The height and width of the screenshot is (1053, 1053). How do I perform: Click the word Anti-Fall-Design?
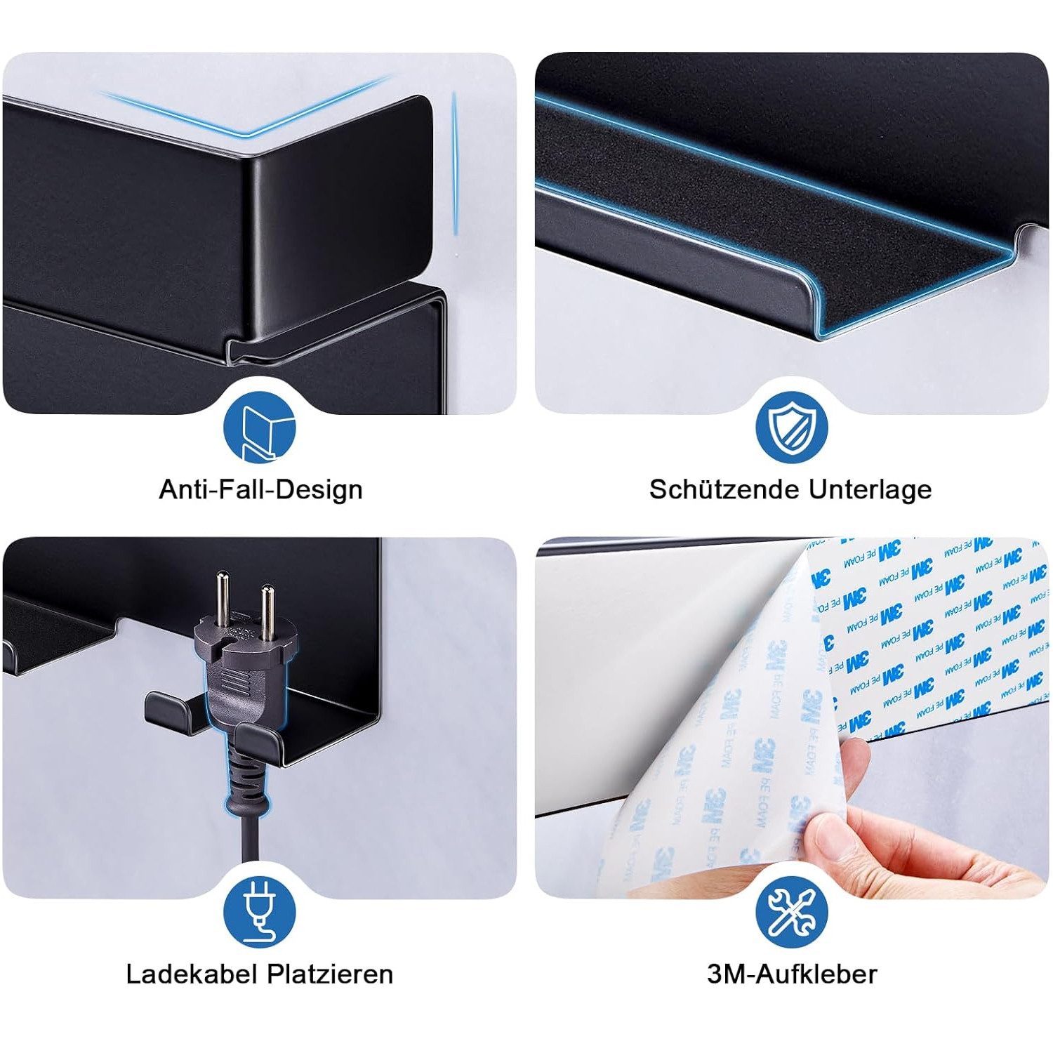(260, 489)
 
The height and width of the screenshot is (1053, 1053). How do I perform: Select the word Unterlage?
(870, 489)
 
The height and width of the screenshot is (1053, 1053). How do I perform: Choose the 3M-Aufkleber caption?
(792, 974)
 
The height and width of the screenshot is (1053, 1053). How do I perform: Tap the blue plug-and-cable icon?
(260, 912)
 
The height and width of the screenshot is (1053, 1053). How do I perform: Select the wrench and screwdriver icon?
(792, 912)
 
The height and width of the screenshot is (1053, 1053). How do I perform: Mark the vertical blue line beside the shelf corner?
(455, 164)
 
